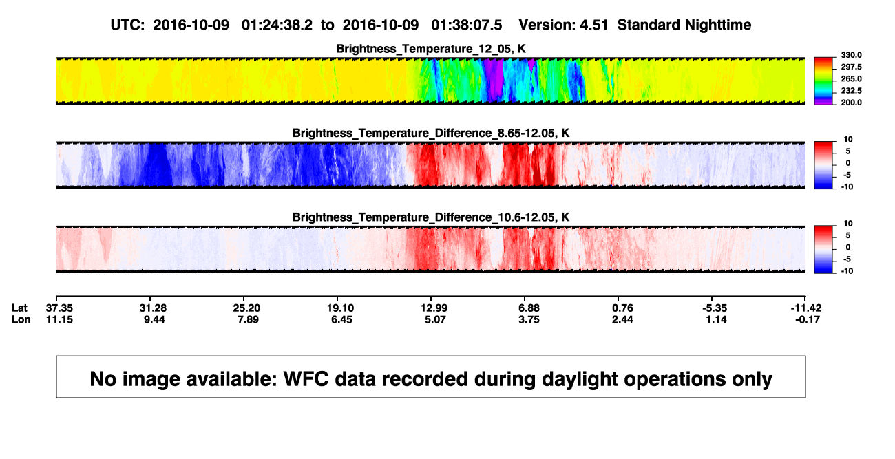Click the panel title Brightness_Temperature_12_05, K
tap(431, 49)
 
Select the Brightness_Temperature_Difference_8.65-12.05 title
tap(431, 133)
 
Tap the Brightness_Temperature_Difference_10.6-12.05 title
tap(431, 217)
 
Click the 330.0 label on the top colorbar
tap(851, 55)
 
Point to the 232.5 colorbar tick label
tap(851, 91)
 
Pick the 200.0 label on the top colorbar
tap(851, 103)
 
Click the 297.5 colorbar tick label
tap(851, 67)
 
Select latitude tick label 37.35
tap(59, 308)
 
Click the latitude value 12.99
tap(434, 308)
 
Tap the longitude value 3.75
tap(529, 319)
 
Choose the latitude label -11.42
tap(806, 308)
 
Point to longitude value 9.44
tap(155, 319)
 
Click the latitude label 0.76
tap(622, 308)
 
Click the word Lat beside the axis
tap(19, 308)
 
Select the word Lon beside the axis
tap(21, 319)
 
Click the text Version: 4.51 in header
tap(563, 25)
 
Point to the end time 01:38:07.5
tap(466, 25)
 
